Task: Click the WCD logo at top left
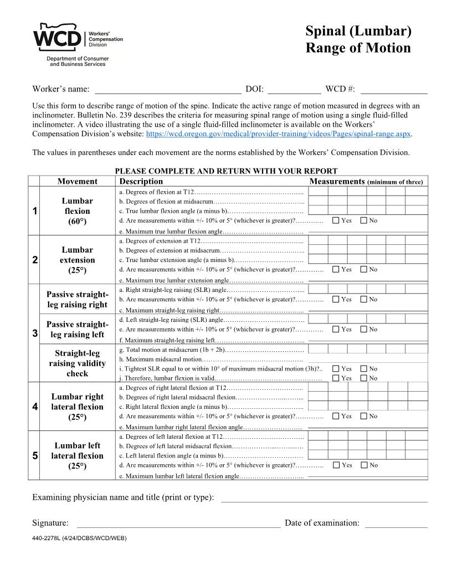pyautogui.click(x=78, y=44)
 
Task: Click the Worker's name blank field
pyautogui.click(x=168, y=89)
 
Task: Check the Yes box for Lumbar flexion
pyautogui.click(x=336, y=220)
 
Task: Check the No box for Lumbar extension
pyautogui.click(x=363, y=270)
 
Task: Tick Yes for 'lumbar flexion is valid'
pyautogui.click(x=336, y=378)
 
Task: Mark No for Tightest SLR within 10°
pyautogui.click(x=363, y=369)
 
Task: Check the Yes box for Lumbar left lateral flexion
pyautogui.click(x=336, y=465)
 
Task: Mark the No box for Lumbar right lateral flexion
pyautogui.click(x=363, y=416)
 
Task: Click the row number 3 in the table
pyautogui.click(x=34, y=333)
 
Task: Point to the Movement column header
pyautogui.click(x=78, y=181)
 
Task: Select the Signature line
pyautogui.click(x=178, y=523)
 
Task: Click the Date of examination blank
pyautogui.click(x=395, y=523)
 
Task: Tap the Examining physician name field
pyautogui.click(x=324, y=497)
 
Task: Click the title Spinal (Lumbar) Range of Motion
pyautogui.click(x=358, y=39)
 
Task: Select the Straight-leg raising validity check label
pyautogui.click(x=78, y=363)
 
